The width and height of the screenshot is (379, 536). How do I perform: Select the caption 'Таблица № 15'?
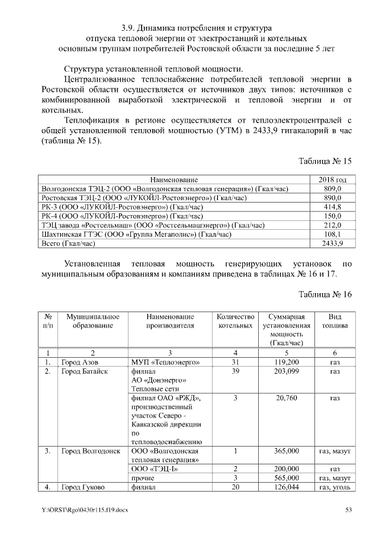pos(325,161)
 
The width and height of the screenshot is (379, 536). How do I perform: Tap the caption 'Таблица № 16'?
pos(325,294)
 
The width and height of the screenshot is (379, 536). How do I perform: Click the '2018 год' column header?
pos(332,179)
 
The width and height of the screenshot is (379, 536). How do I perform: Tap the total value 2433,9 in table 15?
pos(332,243)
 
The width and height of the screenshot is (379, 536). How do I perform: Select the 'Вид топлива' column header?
pos(335,322)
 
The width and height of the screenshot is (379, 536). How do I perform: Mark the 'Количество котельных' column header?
pos(235,322)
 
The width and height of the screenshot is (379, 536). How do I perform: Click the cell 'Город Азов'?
pos(80,361)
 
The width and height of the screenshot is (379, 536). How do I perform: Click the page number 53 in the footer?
pos(349,510)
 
